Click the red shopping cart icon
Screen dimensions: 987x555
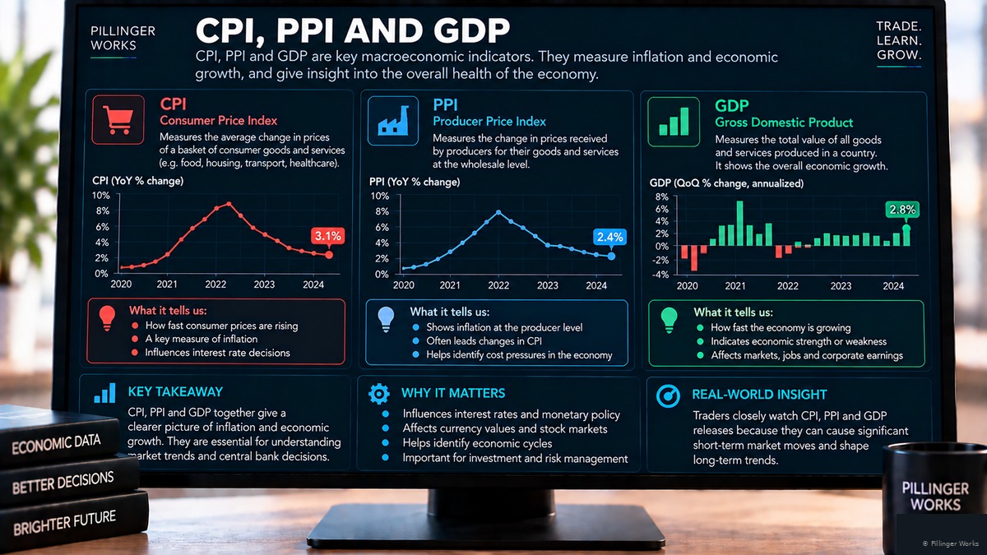coord(118,120)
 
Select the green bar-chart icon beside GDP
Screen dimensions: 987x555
coord(674,122)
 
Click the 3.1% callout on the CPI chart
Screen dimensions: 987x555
coord(328,236)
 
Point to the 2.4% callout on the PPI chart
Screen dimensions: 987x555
coord(609,238)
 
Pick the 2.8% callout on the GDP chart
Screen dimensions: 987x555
coord(902,210)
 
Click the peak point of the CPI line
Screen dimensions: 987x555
coord(229,204)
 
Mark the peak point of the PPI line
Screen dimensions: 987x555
coord(498,212)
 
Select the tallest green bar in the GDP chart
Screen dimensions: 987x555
coord(739,224)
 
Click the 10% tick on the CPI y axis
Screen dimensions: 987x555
coord(100,195)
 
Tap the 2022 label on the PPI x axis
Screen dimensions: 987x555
coord(498,285)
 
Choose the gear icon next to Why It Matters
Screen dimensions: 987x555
coord(379,394)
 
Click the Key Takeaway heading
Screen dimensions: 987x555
coord(175,391)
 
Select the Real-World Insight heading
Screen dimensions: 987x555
coord(759,394)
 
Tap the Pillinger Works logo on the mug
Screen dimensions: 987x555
coord(935,497)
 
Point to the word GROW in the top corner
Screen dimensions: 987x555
coord(899,55)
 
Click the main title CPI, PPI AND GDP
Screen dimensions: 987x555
coord(353,31)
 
